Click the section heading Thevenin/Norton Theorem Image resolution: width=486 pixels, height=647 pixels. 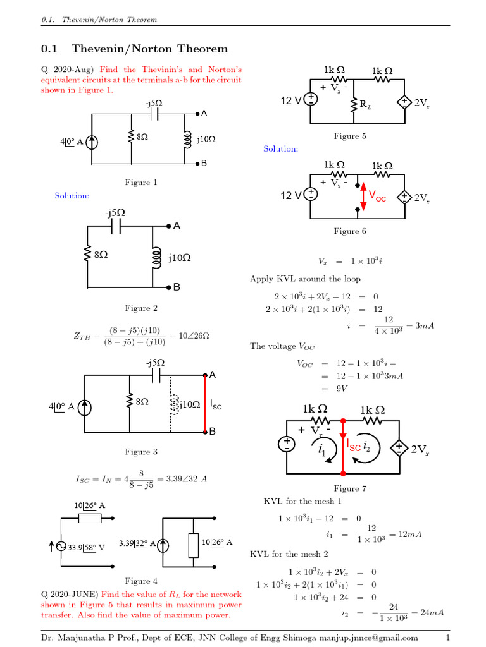(x=149, y=49)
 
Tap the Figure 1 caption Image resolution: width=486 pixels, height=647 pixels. (x=141, y=183)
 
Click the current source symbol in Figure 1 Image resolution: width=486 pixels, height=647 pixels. (x=92, y=142)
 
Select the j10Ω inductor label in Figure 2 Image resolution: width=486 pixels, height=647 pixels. (x=179, y=258)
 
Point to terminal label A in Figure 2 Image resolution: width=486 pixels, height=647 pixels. (x=177, y=226)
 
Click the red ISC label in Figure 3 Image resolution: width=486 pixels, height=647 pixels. (x=216, y=406)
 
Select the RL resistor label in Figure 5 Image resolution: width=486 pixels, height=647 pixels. (x=365, y=107)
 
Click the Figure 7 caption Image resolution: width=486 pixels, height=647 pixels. (x=350, y=488)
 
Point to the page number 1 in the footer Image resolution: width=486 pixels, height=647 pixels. (x=447, y=638)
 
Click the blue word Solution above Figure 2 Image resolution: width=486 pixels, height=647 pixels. (x=72, y=196)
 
